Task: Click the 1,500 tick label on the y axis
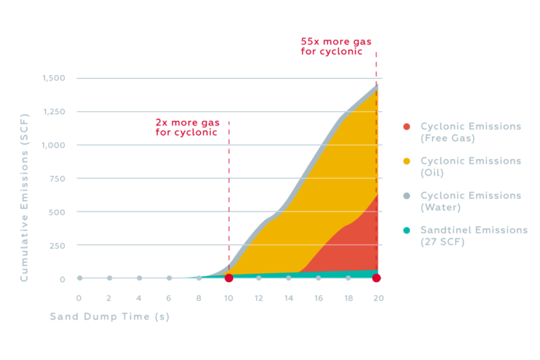(x=55, y=78)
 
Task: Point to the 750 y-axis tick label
(x=59, y=178)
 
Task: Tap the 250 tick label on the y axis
(x=59, y=245)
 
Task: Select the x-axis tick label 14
(x=289, y=298)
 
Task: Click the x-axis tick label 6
(x=169, y=298)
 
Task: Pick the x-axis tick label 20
(x=379, y=298)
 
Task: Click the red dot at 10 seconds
(x=229, y=279)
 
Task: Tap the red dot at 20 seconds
(x=376, y=279)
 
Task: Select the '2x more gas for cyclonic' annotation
(x=187, y=127)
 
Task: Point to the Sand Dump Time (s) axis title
(x=109, y=316)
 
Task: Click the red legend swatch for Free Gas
(x=406, y=127)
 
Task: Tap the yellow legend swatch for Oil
(x=406, y=161)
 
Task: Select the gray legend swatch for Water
(x=406, y=196)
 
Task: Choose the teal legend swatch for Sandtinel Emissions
(x=406, y=230)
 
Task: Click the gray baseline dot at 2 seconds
(x=109, y=278)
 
